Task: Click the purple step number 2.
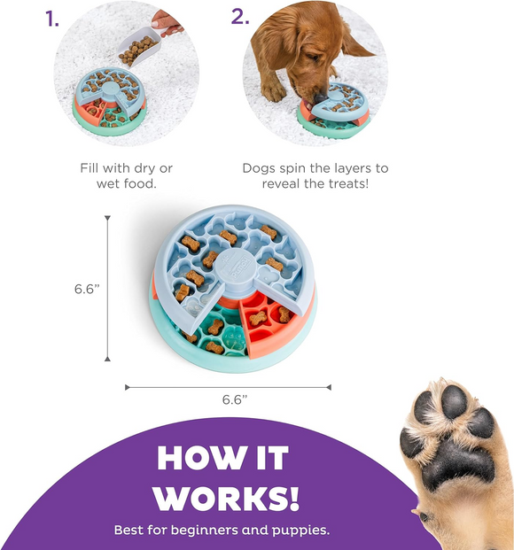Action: (x=239, y=17)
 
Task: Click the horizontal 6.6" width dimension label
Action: (x=235, y=399)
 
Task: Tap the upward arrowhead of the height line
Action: (x=107, y=218)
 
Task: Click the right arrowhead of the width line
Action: (x=329, y=387)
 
